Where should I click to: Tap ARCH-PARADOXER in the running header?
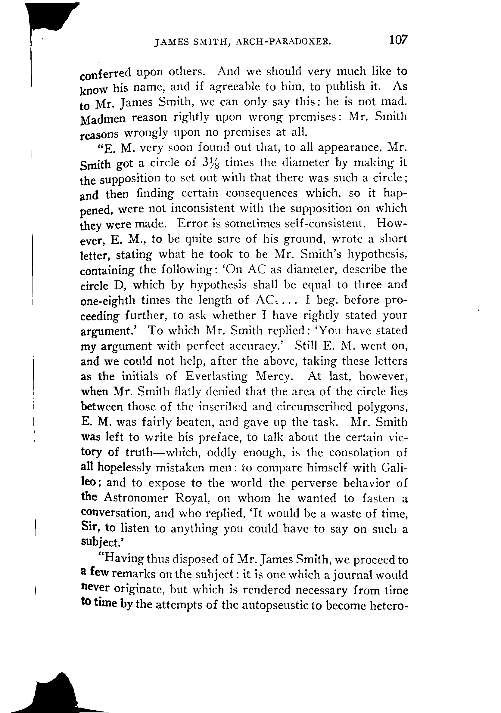tap(283, 42)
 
